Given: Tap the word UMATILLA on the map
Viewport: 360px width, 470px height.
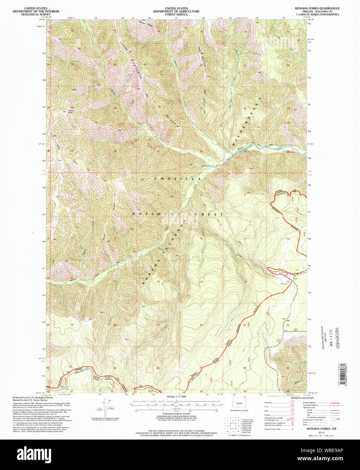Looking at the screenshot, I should tap(177, 179).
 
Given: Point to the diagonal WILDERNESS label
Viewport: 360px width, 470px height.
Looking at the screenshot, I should tap(245, 125).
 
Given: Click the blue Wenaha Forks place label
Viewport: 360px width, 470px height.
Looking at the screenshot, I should tap(208, 166).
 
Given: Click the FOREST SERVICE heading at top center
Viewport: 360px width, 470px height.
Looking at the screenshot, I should tap(176, 15).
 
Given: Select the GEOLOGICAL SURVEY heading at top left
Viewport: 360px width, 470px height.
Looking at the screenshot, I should tap(40, 15).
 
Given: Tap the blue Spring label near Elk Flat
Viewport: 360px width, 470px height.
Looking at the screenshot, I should tap(284, 284).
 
